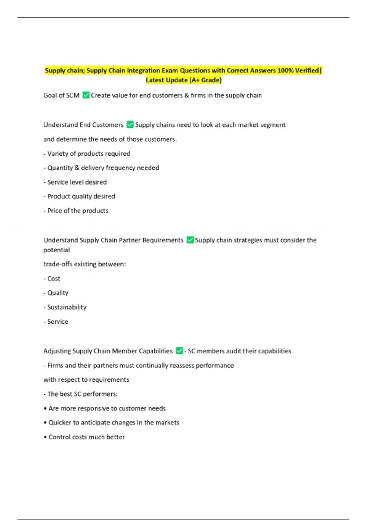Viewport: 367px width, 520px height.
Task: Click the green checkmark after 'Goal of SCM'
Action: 86,95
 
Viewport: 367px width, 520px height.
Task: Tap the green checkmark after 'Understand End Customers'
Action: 130,124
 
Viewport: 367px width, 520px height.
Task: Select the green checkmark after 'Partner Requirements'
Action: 190,240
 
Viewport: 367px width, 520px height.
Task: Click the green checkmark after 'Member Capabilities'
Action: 179,351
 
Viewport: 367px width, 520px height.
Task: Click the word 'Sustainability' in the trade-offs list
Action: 67,307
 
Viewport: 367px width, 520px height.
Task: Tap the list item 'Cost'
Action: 54,279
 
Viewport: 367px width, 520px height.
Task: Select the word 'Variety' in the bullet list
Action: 57,154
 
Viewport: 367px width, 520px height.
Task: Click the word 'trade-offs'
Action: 58,264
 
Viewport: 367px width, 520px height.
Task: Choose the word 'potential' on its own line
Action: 57,250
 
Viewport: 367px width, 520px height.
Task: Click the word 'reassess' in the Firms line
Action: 182,365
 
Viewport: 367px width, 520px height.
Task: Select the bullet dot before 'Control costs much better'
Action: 45,437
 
